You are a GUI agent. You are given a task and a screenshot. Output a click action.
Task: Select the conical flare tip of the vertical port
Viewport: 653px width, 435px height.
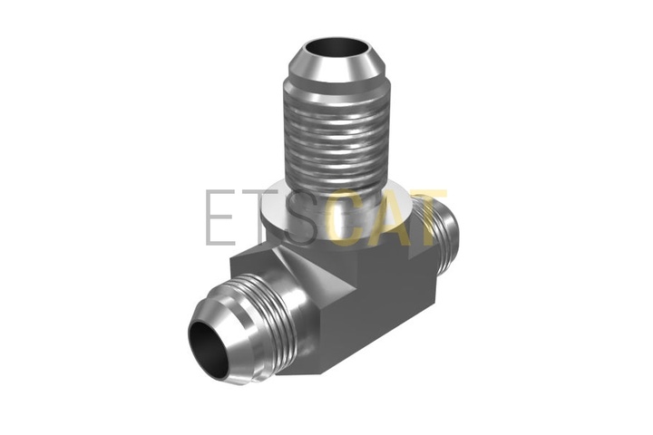[337, 63]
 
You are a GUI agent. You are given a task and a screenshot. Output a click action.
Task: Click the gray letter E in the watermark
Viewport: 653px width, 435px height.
[220, 217]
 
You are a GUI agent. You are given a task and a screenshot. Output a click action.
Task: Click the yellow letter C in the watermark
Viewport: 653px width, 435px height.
[349, 217]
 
